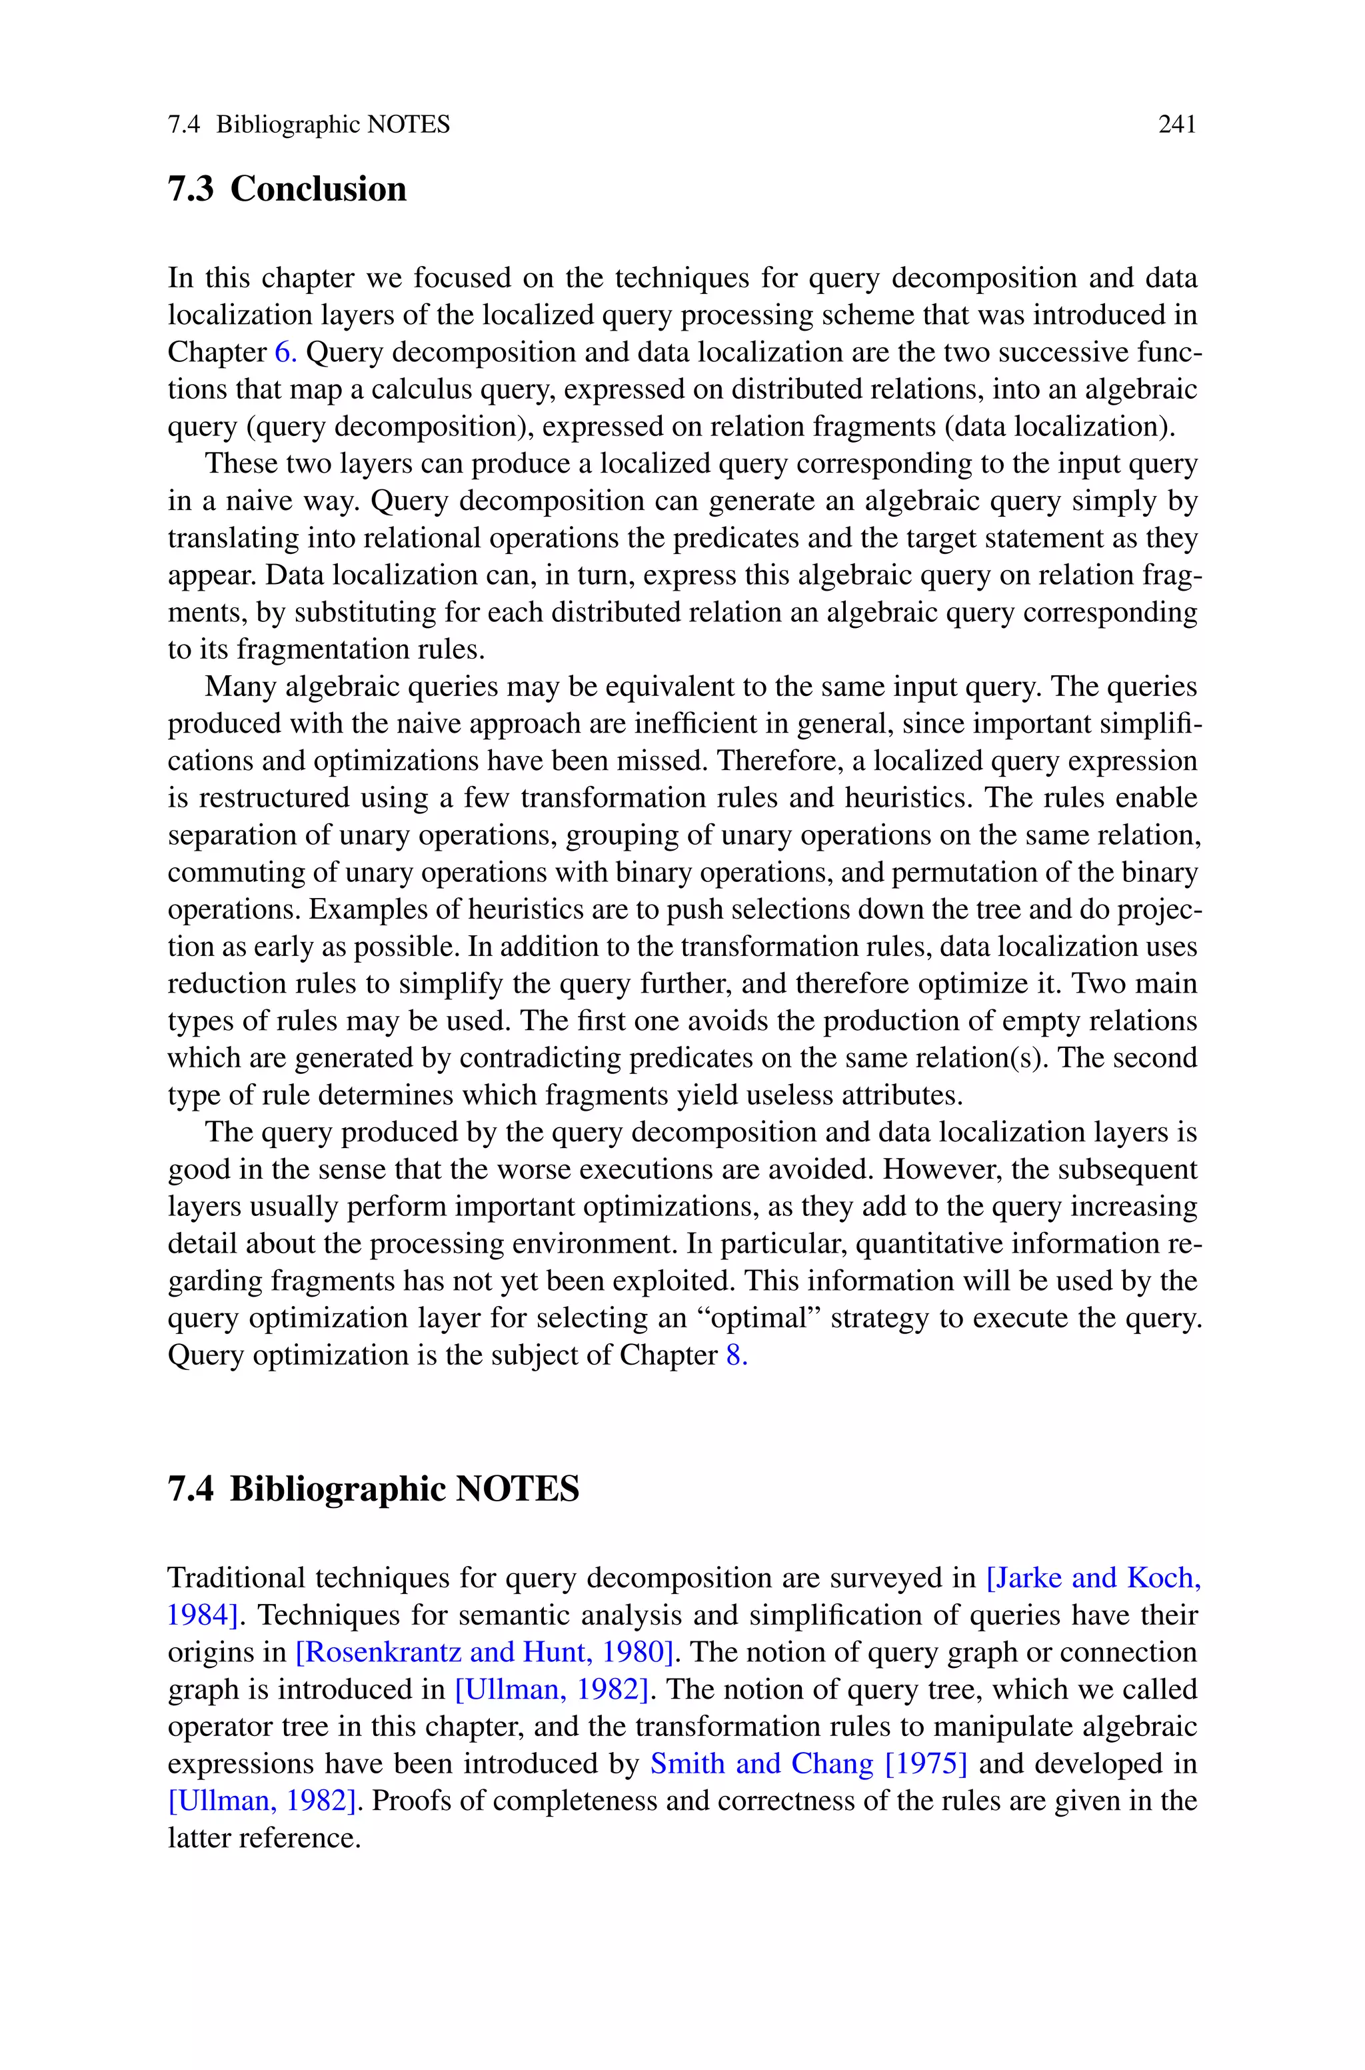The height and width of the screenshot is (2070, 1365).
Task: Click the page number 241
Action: point(1177,125)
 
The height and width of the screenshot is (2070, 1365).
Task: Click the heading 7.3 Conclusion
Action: point(287,189)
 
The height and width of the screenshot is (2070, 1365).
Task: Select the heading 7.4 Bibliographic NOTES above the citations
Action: point(373,1489)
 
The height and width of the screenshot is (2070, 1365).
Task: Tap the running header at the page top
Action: point(309,125)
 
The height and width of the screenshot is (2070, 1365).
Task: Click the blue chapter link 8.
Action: point(736,1355)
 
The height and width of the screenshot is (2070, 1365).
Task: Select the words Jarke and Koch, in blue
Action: point(1093,1577)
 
